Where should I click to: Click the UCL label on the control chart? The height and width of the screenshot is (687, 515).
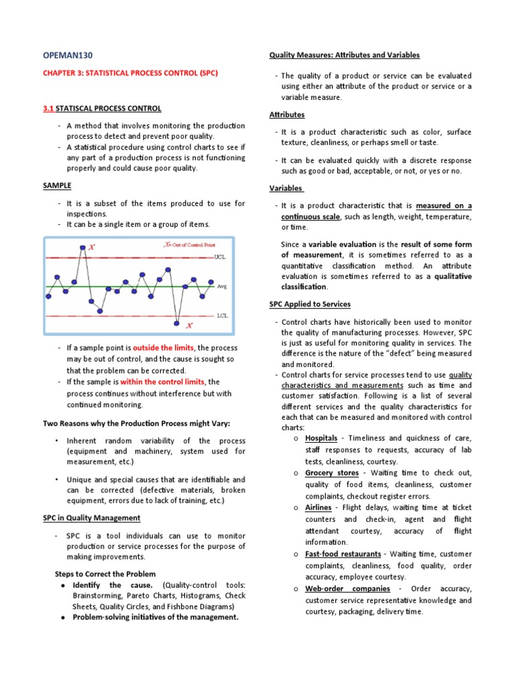click(x=221, y=257)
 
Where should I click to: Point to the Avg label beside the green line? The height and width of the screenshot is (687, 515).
click(x=222, y=286)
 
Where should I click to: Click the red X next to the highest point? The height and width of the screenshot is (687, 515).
click(x=92, y=247)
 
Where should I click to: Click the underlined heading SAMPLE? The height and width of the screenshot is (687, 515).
click(x=58, y=185)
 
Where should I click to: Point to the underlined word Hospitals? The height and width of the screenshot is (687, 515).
click(x=321, y=438)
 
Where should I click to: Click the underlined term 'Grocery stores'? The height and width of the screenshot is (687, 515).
click(x=331, y=473)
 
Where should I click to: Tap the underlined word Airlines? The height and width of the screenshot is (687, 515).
click(x=318, y=507)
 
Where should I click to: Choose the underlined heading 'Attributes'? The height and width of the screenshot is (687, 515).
click(x=287, y=115)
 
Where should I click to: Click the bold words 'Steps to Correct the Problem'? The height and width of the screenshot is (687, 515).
click(x=105, y=574)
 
